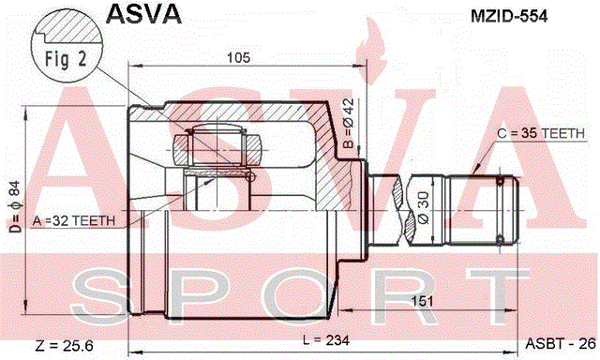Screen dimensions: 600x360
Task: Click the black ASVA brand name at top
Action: pyautogui.click(x=143, y=14)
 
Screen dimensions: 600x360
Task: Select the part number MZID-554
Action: pyautogui.click(x=509, y=16)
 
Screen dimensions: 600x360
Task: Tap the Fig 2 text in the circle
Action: pyautogui.click(x=66, y=59)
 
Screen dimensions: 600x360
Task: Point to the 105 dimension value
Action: pyautogui.click(x=238, y=58)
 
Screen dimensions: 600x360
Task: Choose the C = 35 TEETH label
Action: pyautogui.click(x=541, y=133)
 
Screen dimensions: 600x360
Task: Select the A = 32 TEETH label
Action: pyautogui.click(x=74, y=220)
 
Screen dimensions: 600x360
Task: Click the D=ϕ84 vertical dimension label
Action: pyautogui.click(x=15, y=206)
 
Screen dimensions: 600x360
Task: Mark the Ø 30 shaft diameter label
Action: pyautogui.click(x=424, y=207)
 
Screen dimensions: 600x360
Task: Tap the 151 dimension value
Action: pyautogui.click(x=422, y=301)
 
